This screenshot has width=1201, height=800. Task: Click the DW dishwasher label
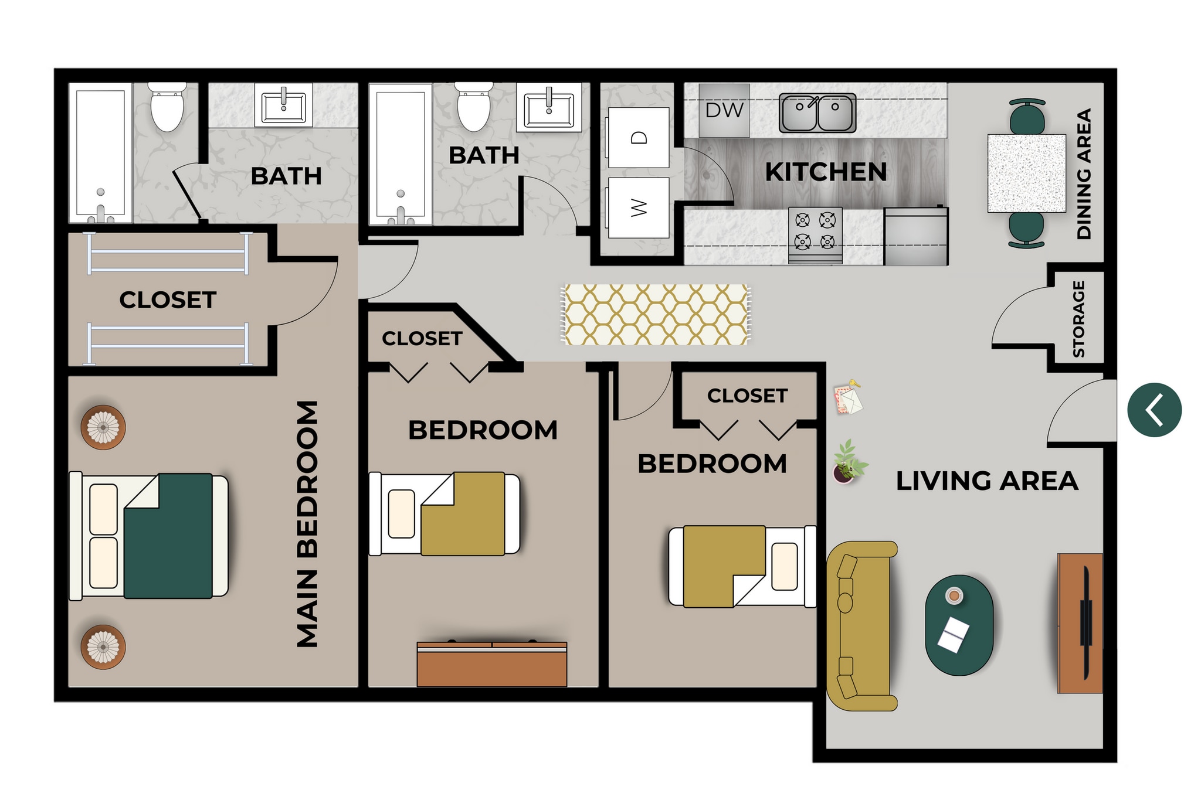tap(724, 110)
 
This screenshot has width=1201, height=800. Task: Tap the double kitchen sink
tap(817, 113)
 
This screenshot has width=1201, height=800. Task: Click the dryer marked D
tap(639, 138)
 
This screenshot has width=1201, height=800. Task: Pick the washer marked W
tap(639, 208)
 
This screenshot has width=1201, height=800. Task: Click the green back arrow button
tap(1154, 410)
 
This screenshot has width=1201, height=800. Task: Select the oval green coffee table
tap(959, 625)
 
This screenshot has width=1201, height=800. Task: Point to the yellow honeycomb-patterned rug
tap(656, 315)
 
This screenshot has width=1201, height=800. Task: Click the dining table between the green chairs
tap(1026, 173)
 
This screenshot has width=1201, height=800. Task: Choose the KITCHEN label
tap(826, 172)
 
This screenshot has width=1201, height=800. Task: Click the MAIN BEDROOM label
tap(308, 523)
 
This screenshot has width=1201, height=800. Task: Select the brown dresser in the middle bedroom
tap(491, 664)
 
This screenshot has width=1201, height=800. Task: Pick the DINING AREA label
tap(1084, 173)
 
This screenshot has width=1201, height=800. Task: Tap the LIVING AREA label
tap(987, 481)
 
